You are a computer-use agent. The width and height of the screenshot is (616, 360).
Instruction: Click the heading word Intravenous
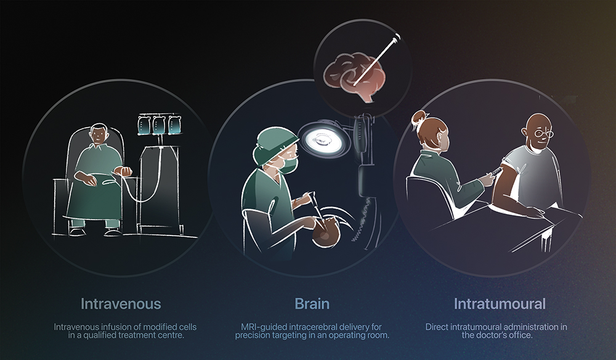(121, 304)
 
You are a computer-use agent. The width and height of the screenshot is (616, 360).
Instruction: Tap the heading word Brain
(312, 304)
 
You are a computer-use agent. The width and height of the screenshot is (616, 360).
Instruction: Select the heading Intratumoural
(500, 304)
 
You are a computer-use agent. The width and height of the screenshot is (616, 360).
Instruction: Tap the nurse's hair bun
(418, 117)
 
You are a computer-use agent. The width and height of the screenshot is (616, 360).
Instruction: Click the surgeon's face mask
(288, 166)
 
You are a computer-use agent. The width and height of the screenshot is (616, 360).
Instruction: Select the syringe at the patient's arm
(494, 173)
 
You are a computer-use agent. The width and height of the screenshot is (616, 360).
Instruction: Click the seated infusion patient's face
(98, 136)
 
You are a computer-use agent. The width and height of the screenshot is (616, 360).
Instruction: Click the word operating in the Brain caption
(347, 335)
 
